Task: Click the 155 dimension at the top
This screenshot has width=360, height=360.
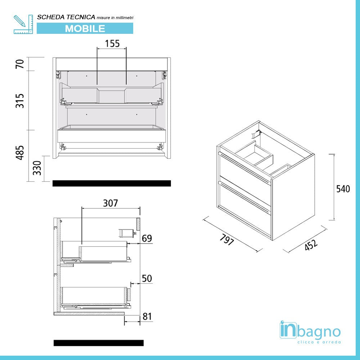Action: click(112, 44)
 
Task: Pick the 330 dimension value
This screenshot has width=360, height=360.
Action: click(37, 168)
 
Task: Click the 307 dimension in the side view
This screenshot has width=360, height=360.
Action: click(111, 203)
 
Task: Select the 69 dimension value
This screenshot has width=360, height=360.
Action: click(147, 238)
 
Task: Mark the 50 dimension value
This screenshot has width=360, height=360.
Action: click(147, 278)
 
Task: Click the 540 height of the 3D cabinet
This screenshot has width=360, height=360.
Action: click(343, 189)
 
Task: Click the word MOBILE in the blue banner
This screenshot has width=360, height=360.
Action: click(85, 28)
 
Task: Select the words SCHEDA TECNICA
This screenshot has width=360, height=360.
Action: click(66, 17)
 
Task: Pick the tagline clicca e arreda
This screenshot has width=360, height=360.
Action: click(319, 342)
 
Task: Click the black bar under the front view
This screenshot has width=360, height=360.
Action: click(112, 183)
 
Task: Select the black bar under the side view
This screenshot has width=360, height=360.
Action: click(98, 343)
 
